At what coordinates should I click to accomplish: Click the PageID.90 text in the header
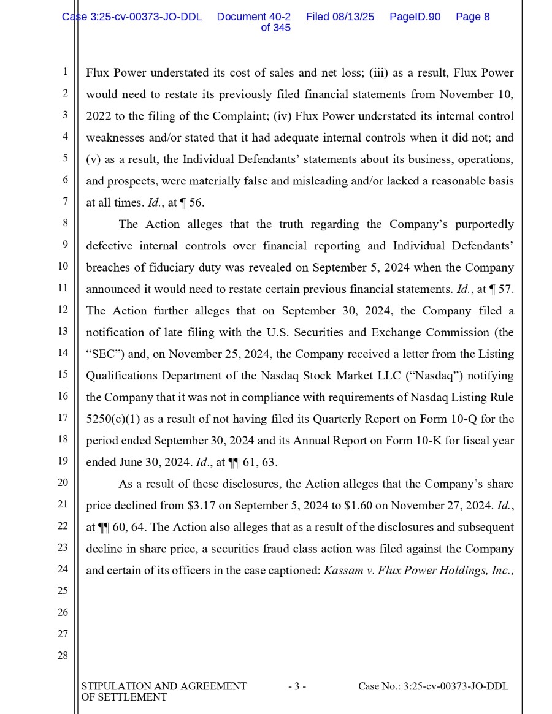415,17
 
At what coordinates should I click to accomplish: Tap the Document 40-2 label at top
254,17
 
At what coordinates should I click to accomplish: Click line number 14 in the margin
63,353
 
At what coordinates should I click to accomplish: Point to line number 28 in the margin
63,656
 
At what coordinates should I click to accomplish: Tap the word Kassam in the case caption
342,571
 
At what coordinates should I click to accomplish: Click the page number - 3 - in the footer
297,686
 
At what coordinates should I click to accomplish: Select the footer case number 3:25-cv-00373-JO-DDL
456,686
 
